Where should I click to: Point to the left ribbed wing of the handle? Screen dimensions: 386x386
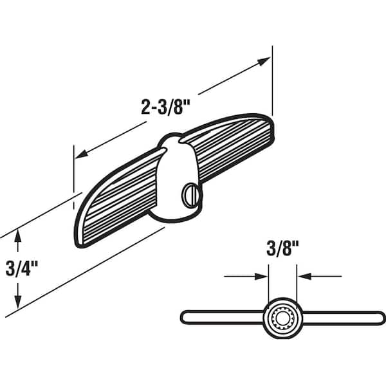click(116, 199)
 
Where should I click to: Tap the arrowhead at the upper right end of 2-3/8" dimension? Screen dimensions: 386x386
click(264, 61)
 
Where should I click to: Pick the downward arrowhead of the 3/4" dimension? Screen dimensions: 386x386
click(18, 301)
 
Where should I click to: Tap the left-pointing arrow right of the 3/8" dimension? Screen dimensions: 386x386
click(304, 277)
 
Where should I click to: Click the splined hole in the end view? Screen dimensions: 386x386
click(282, 317)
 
